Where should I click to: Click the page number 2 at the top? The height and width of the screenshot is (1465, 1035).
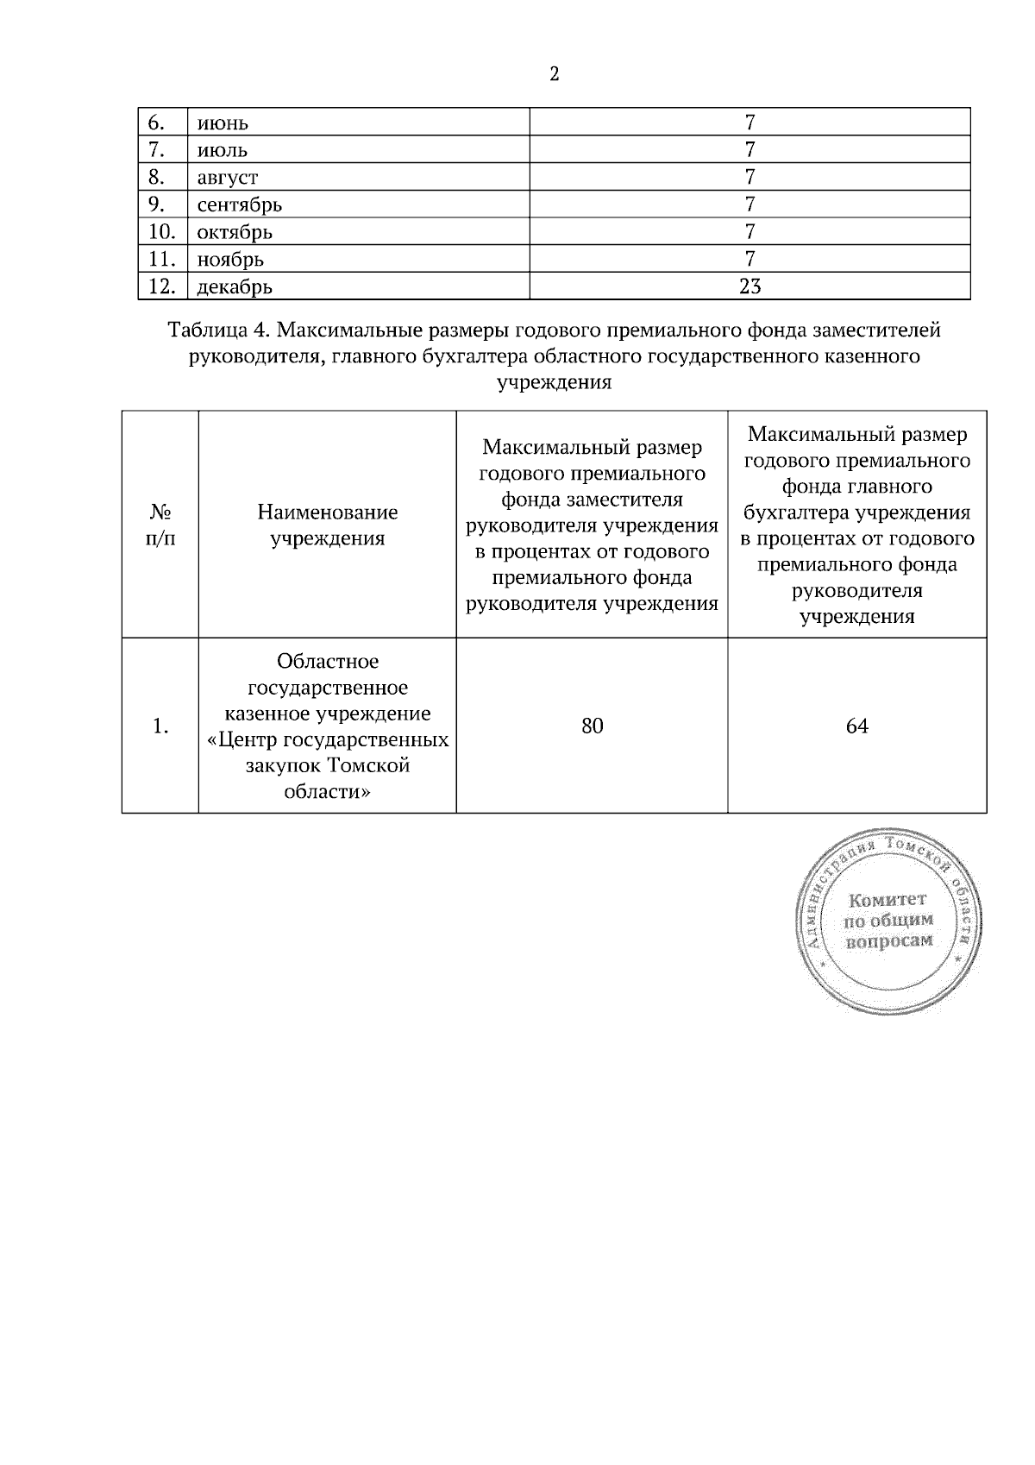[x=554, y=74]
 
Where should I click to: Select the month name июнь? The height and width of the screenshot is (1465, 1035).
[x=223, y=123]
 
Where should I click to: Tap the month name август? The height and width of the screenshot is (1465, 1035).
[x=228, y=178]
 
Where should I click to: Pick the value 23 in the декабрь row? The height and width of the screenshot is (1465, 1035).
[x=750, y=286]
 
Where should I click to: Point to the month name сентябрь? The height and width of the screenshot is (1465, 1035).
[x=240, y=205]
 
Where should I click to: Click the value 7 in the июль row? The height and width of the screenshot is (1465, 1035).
[x=750, y=150]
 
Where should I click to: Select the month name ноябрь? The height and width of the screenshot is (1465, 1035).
[x=230, y=260]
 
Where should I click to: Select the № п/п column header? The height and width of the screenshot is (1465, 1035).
[x=160, y=525]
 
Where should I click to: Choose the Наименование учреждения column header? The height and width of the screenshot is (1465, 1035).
[x=328, y=525]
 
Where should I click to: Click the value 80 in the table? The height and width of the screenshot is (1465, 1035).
[x=592, y=726]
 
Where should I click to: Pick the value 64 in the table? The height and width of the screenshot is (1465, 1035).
[x=856, y=726]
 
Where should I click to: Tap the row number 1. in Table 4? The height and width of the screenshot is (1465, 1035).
[x=160, y=726]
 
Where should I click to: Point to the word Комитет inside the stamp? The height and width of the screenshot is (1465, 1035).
[x=888, y=900]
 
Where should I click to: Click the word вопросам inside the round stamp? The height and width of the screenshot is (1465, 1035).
[x=890, y=940]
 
